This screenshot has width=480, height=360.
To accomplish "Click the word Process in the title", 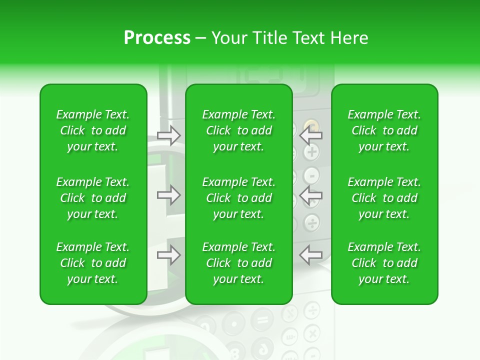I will [157, 38].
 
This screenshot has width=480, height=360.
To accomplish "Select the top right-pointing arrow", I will [168, 135].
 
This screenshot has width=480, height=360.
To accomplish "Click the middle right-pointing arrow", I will [168, 195].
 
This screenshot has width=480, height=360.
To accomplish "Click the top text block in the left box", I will [93, 130].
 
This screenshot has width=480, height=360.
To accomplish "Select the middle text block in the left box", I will [93, 198].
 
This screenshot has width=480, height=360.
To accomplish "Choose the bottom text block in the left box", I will [93, 263].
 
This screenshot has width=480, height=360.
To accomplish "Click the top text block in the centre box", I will [238, 130].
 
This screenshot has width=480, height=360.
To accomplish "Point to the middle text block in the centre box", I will [238, 198].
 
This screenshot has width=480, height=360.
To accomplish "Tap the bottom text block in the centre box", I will [238, 263].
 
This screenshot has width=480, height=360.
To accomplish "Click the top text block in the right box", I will [384, 130].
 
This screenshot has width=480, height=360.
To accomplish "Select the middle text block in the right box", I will [384, 198].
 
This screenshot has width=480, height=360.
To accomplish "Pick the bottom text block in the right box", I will [384, 263].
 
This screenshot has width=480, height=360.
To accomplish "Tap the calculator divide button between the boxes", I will [312, 222].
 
